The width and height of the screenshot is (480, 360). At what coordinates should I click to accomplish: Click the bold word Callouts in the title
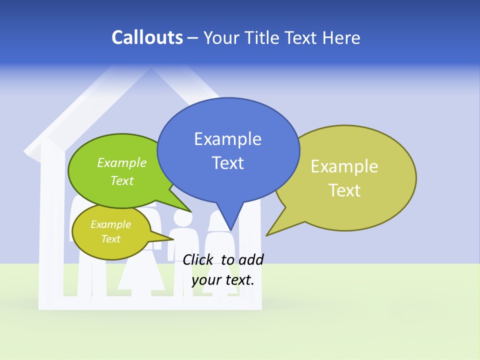(147, 37)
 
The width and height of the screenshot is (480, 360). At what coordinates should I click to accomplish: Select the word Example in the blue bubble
(227, 139)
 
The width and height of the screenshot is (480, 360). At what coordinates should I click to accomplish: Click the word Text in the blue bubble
(227, 163)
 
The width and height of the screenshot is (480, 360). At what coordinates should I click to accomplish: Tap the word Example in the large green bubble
(122, 163)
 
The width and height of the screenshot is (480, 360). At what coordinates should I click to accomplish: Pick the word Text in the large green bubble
(122, 181)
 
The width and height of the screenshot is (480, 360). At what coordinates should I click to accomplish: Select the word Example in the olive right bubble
(344, 166)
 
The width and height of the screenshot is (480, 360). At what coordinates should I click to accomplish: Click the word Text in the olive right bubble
(344, 190)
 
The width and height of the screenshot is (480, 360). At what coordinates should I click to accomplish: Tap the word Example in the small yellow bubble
(110, 224)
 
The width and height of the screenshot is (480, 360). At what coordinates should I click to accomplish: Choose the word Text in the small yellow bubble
(110, 239)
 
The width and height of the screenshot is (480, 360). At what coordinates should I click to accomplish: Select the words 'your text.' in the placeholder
(223, 280)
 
